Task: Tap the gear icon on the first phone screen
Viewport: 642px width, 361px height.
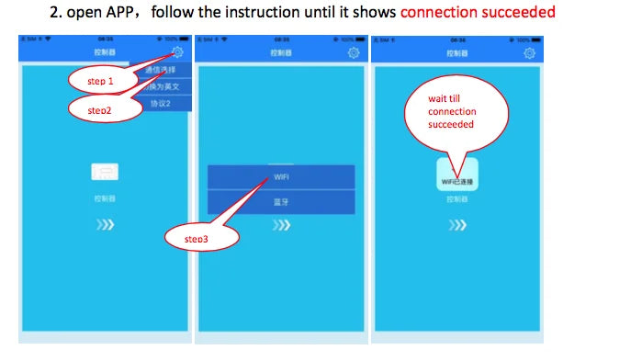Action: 176,53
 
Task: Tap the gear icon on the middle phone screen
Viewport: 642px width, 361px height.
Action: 354,53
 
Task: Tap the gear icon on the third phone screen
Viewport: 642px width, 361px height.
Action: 529,53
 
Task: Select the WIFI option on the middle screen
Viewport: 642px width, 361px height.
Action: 281,176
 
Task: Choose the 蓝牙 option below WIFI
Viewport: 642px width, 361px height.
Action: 281,201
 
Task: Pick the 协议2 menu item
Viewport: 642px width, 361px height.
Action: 161,103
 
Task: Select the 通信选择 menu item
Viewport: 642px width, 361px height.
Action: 161,70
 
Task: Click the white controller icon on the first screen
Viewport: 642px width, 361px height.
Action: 105,171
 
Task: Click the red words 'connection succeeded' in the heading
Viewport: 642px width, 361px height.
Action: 478,13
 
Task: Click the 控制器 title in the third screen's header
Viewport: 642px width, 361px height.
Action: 456,54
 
